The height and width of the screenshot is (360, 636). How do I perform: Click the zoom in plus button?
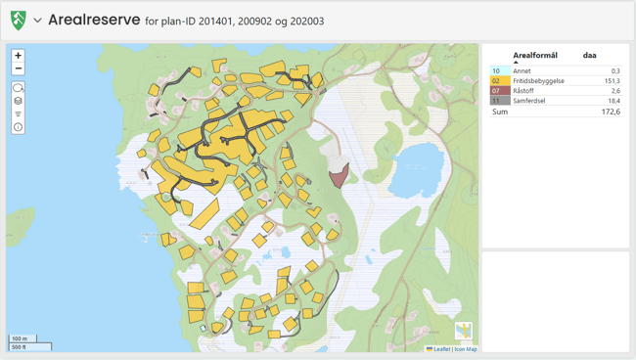pyautogui.click(x=19, y=56)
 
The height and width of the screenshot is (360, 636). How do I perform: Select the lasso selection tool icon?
pyautogui.click(x=19, y=88)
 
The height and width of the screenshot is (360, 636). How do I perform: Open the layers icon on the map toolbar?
pyautogui.click(x=19, y=101)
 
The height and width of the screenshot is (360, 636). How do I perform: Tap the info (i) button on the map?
pyautogui.click(x=19, y=127)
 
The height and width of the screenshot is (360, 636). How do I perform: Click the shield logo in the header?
pyautogui.click(x=19, y=20)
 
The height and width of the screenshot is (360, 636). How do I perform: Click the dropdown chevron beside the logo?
pyautogui.click(x=37, y=20)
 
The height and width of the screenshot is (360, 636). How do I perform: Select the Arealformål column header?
pyautogui.click(x=534, y=56)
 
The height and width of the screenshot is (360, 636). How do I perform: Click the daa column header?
pyautogui.click(x=589, y=56)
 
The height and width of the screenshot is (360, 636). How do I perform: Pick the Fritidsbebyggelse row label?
pyautogui.click(x=538, y=81)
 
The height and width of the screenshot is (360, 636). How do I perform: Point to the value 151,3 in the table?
pyautogui.click(x=612, y=81)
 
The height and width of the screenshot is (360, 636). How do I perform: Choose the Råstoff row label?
pyautogui.click(x=525, y=91)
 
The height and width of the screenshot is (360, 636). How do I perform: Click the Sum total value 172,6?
pyautogui.click(x=610, y=112)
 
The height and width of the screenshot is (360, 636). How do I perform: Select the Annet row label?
pyautogui.click(x=522, y=71)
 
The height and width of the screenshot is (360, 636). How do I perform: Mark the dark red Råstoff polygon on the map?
pyautogui.click(x=340, y=177)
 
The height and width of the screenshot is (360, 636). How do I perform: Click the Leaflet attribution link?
pyautogui.click(x=440, y=349)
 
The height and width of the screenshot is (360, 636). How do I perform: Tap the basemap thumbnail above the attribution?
pyautogui.click(x=464, y=332)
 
